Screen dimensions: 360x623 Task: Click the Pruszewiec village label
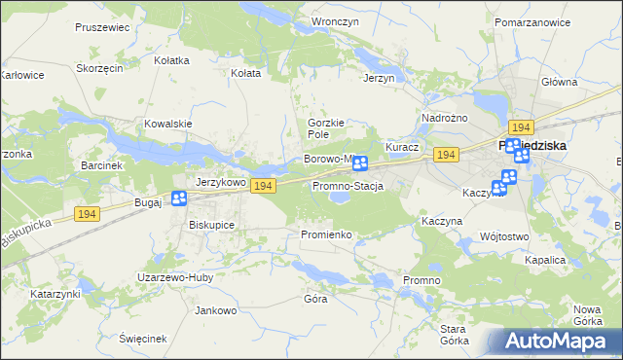[102, 27]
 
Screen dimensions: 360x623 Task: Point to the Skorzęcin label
[99, 69]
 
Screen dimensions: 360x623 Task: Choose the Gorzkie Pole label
[327, 128]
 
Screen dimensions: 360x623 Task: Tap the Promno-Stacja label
[348, 185]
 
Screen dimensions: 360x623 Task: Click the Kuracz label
[402, 147]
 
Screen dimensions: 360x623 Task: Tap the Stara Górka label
[454, 335]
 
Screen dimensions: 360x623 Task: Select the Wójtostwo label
[504, 236]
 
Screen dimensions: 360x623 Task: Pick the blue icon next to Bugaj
[179, 199]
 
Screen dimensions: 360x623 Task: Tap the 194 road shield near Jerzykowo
[261, 185]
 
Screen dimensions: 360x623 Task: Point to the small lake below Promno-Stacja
[340, 198]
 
